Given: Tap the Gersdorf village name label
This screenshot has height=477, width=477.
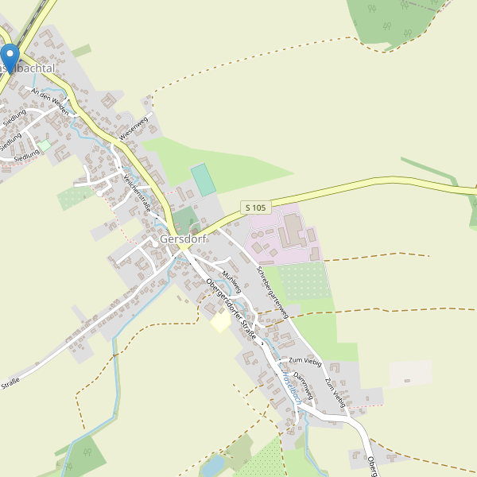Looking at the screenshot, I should (184, 238).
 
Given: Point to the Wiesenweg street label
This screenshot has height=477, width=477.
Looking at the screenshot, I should (134, 130).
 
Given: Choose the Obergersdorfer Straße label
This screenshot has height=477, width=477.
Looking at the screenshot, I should (231, 309).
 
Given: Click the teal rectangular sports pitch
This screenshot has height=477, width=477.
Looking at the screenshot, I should (203, 180).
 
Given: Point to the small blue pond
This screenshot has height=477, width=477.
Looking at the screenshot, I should (212, 466).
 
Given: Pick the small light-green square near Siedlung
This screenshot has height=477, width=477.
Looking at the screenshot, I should (45, 145).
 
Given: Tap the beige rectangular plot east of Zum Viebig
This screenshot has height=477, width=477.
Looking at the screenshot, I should (410, 374).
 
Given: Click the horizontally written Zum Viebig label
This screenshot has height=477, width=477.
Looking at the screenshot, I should (305, 362).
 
